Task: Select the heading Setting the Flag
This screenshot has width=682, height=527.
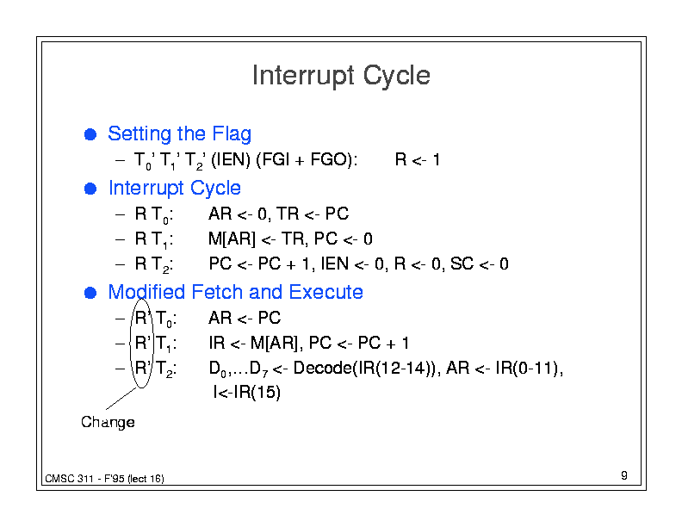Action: [x=180, y=134]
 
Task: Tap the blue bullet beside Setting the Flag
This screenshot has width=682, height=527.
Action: [x=90, y=134]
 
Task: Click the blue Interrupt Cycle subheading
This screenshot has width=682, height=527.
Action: [x=175, y=189]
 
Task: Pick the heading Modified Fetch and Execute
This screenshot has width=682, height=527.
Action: [x=235, y=292]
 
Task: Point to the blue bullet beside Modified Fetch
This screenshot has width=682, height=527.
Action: [x=90, y=293]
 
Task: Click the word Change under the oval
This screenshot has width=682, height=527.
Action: [x=108, y=422]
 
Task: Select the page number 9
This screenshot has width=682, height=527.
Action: [x=624, y=475]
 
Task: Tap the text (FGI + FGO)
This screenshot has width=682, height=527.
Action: [x=307, y=159]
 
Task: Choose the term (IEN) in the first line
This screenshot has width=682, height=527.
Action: [x=231, y=159]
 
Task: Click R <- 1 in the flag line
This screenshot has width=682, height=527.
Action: [x=418, y=159]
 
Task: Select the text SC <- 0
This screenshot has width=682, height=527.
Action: [x=480, y=263]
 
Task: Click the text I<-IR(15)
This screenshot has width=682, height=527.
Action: [x=247, y=392]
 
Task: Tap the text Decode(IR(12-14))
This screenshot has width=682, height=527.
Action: [x=364, y=368]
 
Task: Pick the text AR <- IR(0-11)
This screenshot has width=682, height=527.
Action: [x=505, y=368]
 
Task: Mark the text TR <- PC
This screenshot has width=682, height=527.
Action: [x=313, y=214]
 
